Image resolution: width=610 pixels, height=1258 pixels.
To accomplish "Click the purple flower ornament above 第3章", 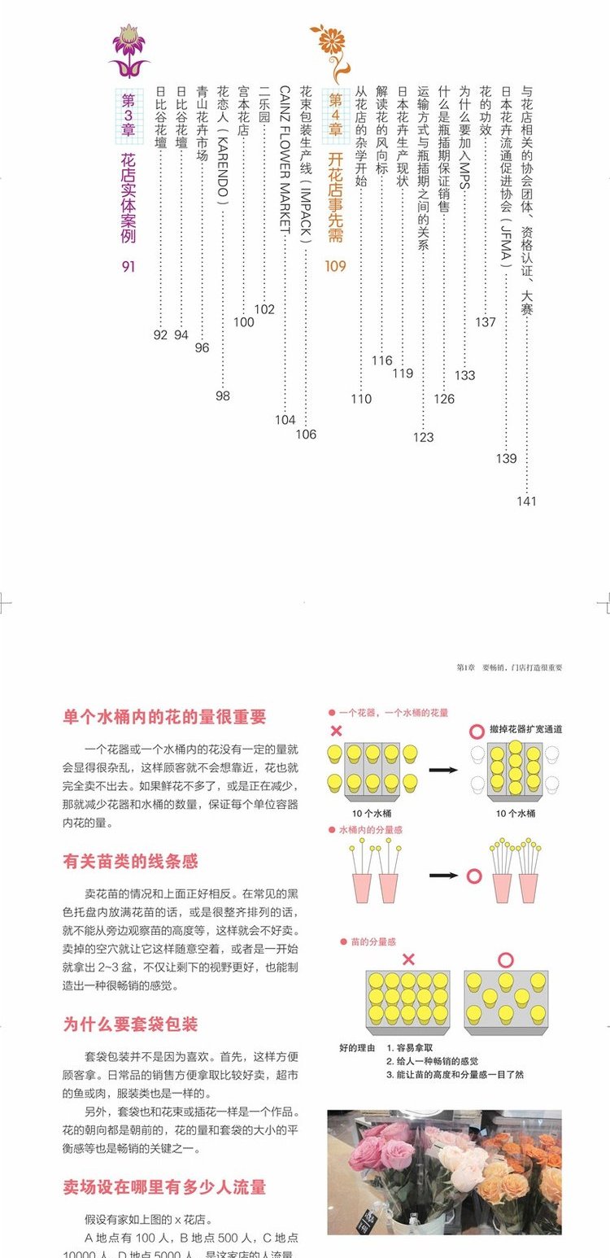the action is (129, 50).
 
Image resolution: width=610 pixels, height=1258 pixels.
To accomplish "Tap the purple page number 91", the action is (129, 266).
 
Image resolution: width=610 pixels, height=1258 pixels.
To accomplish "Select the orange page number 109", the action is (335, 266).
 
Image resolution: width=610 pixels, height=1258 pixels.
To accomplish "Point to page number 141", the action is (526, 501).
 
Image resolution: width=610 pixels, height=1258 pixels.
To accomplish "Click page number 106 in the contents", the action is (306, 435).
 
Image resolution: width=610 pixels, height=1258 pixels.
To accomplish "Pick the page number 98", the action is (223, 396).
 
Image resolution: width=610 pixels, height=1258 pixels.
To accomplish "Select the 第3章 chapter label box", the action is (129, 111).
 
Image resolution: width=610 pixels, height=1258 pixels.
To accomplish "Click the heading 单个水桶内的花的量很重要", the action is (165, 717).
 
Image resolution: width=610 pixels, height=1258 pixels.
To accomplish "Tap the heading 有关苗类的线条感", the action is (131, 861).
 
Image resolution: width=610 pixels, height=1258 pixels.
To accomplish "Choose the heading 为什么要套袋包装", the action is (131, 1024).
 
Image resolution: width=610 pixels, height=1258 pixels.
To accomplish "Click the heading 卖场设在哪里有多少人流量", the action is (165, 1187).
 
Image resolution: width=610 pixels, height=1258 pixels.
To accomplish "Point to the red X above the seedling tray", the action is (408, 960).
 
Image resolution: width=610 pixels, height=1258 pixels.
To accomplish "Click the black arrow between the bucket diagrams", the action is (443, 768).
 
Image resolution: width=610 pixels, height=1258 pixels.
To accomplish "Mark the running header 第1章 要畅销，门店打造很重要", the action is (509, 667).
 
